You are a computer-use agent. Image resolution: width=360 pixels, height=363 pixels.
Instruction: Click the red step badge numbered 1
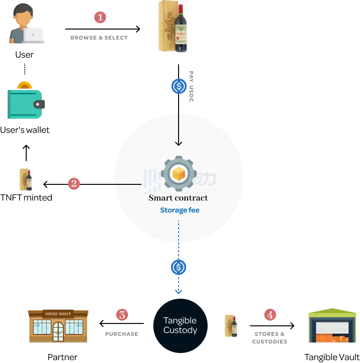click(x=100, y=18)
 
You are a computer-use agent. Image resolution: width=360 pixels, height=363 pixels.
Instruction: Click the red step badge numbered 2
click(x=74, y=183)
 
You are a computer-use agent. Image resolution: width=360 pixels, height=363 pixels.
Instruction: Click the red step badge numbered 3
click(x=122, y=315)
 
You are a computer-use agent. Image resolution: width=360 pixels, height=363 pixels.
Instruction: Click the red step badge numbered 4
click(x=270, y=315)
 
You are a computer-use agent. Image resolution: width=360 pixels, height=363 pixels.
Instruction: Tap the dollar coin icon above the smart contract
click(x=179, y=86)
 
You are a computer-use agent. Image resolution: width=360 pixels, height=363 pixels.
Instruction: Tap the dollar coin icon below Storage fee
click(x=179, y=267)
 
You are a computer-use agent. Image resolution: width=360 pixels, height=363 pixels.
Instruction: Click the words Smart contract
click(x=178, y=198)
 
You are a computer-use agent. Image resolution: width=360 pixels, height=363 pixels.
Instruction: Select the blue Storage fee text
click(x=180, y=210)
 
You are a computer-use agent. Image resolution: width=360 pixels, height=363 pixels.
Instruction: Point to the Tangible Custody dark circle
click(x=180, y=325)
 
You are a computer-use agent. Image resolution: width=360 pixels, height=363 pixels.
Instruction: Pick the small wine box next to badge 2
click(x=27, y=179)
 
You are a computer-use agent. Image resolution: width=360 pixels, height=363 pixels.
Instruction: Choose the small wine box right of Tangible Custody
click(x=232, y=326)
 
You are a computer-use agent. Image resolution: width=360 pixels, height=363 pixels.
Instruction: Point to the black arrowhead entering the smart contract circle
click(x=179, y=143)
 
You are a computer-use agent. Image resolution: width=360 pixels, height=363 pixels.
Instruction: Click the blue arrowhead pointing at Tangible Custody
click(x=179, y=292)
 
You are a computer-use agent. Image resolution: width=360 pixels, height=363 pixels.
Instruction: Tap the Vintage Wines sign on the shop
click(x=58, y=313)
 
